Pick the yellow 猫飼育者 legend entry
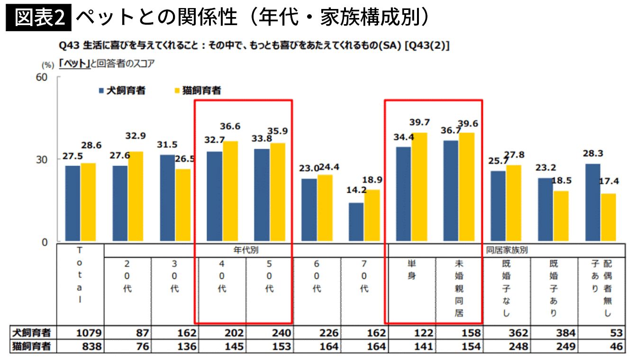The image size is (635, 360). point(198,90)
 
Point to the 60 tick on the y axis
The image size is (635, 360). point(42,77)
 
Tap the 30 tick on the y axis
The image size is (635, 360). point(42,160)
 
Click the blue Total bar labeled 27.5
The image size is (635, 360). point(73,203)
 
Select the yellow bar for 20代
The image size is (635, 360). point(136,196)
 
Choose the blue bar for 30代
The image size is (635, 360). point(167,198)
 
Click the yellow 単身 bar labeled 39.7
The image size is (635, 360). point(419,187)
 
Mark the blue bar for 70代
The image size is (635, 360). point(356,222)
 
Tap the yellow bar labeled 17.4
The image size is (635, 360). point(608,217)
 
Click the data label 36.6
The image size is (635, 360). point(230,126)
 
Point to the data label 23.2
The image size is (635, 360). point(546,167)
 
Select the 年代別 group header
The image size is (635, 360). point(246,249)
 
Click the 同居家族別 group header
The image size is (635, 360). point(507,249)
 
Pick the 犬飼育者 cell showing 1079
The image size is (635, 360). point(89,333)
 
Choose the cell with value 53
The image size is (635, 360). point(617,333)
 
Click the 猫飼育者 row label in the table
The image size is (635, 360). point(32,347)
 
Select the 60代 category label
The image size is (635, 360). point(317,276)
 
